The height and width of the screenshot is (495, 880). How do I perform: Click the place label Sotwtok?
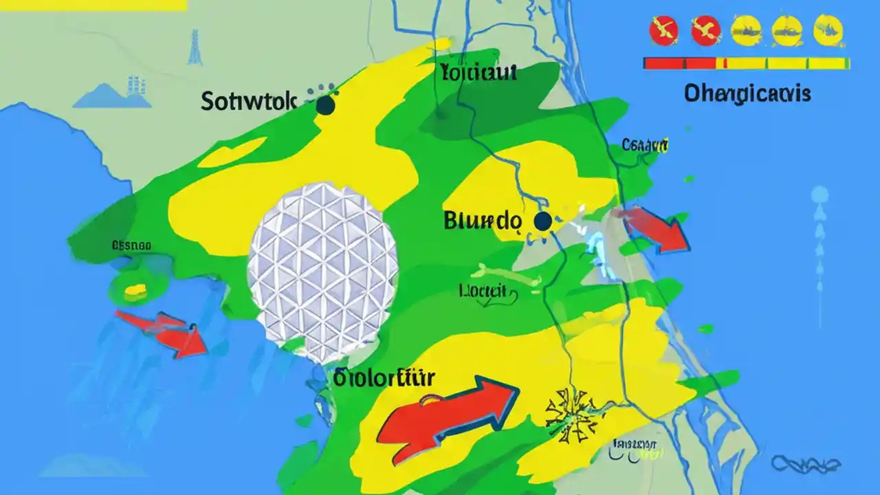point(249,102)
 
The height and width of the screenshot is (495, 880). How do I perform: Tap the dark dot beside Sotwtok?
point(325,105)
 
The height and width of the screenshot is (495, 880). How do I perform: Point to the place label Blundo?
point(483,221)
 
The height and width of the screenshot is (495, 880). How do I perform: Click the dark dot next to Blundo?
point(542,221)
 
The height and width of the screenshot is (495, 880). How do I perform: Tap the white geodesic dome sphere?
point(322,272)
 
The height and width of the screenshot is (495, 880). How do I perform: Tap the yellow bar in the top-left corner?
point(93,5)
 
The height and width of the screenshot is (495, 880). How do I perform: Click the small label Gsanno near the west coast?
point(131,245)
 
